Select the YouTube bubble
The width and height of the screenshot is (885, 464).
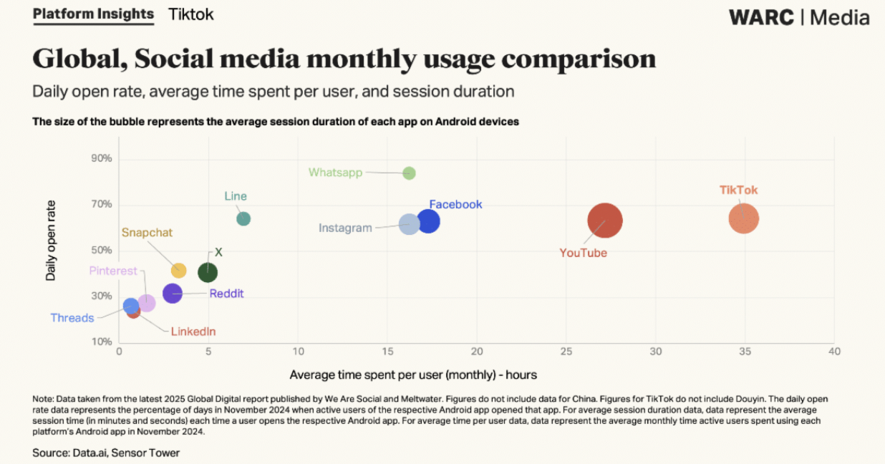(x=605, y=221)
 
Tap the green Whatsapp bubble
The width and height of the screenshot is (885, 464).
(x=409, y=173)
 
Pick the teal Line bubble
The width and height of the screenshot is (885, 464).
(x=243, y=218)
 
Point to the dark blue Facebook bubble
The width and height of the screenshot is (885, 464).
(x=429, y=221)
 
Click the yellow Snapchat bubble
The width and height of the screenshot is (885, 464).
(x=179, y=271)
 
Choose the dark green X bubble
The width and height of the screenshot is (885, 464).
(x=208, y=272)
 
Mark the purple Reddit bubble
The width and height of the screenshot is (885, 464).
(x=173, y=293)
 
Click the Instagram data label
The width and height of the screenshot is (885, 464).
(x=345, y=228)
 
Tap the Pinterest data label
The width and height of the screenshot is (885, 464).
(x=113, y=271)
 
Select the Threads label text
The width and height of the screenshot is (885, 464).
(x=72, y=318)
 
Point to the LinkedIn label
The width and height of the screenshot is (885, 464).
(x=193, y=332)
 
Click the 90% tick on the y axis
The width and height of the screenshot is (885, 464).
(x=101, y=158)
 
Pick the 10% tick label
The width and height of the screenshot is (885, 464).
(x=101, y=342)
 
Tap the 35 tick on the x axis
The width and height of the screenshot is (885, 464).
(x=745, y=352)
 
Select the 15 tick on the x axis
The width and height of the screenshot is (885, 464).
(x=387, y=352)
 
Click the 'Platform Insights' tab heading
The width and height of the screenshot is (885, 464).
(x=93, y=14)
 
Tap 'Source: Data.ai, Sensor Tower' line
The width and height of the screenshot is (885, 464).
(x=106, y=453)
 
